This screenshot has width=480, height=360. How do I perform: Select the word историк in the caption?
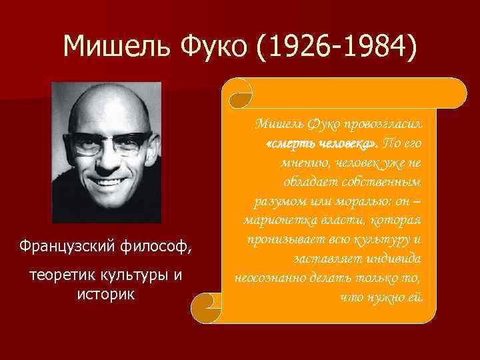pyautogui.click(x=107, y=293)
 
